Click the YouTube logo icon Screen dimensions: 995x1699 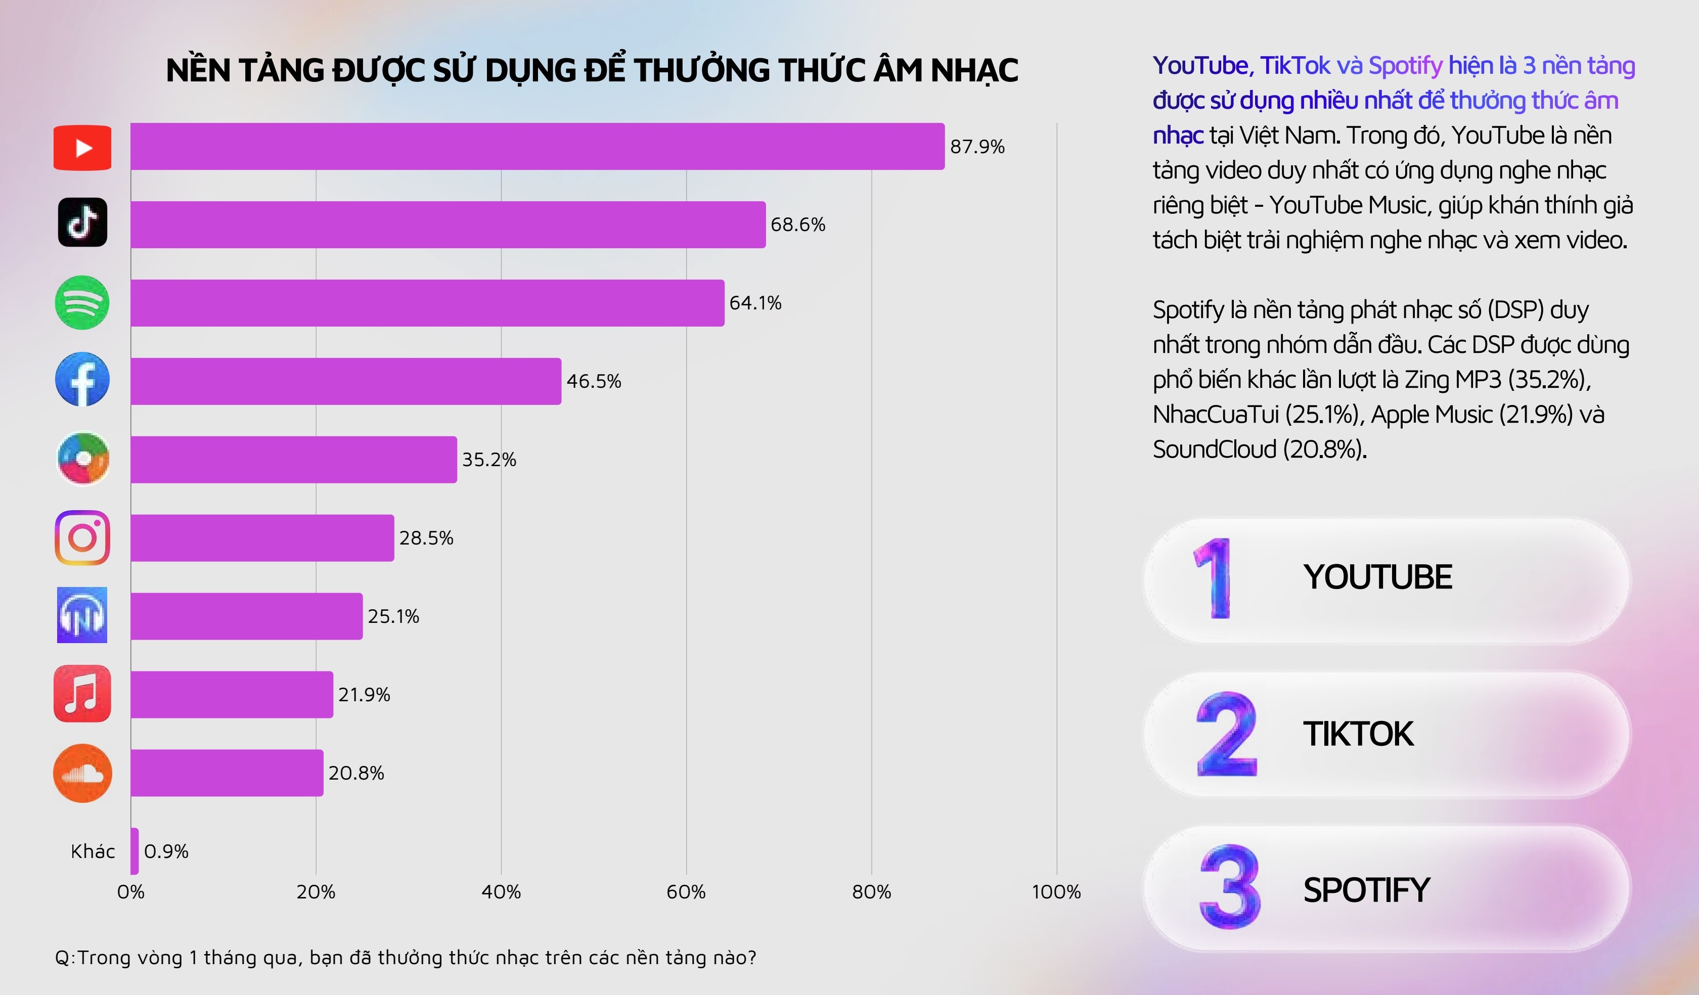click(x=82, y=148)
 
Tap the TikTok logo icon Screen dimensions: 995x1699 click(x=82, y=222)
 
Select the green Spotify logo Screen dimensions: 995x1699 click(x=82, y=303)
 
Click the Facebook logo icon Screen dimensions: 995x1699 click(x=82, y=380)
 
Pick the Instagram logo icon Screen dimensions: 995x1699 click(x=82, y=538)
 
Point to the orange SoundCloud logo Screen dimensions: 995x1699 click(x=82, y=773)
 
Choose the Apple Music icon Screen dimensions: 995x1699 click(x=82, y=694)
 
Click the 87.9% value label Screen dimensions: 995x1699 click(x=977, y=147)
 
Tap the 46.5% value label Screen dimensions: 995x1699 click(x=593, y=382)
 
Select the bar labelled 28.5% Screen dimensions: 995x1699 click(x=262, y=538)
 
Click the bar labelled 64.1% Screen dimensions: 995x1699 click(x=427, y=303)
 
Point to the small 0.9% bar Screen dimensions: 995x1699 click(x=135, y=851)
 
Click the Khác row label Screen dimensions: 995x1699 click(x=93, y=851)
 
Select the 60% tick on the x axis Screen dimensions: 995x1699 click(x=686, y=892)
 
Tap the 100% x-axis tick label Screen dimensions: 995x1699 click(x=1056, y=892)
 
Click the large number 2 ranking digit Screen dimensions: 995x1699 click(x=1226, y=734)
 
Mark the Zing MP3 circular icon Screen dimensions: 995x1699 click(x=82, y=459)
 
